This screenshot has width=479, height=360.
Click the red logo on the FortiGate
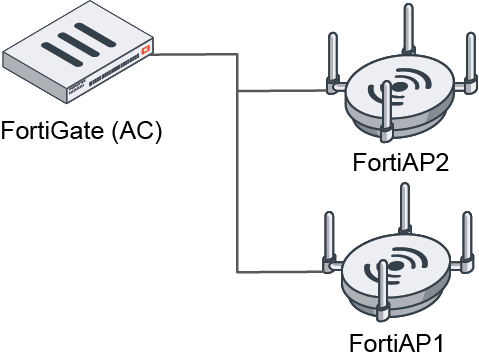(x=146, y=47)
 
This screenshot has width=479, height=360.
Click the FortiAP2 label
(x=400, y=163)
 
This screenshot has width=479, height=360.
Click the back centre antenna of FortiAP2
(x=406, y=30)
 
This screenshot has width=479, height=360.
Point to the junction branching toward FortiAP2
(x=237, y=92)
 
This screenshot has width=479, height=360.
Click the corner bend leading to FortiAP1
(x=237, y=271)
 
